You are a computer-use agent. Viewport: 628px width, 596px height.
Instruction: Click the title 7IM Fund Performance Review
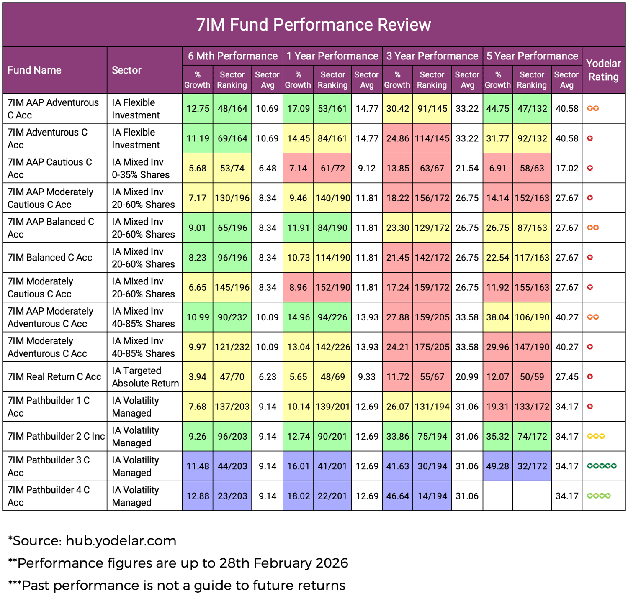coord(314,25)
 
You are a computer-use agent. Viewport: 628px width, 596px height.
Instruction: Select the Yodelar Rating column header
coord(603,70)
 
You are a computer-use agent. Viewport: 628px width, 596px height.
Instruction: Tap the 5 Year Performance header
coord(532,56)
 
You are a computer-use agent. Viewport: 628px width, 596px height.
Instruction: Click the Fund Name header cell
coord(34,70)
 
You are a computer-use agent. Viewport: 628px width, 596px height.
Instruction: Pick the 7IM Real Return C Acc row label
coord(54,377)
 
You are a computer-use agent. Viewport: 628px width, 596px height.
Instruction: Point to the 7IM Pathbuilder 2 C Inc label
coord(56,436)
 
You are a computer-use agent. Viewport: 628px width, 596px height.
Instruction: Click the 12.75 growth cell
coord(198,109)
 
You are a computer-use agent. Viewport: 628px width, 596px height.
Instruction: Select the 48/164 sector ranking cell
coord(232,109)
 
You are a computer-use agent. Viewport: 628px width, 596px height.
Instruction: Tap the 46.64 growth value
coord(397,496)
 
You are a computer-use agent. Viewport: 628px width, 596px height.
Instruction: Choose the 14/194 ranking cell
coord(432,496)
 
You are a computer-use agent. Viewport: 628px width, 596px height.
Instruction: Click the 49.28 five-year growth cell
coord(497,466)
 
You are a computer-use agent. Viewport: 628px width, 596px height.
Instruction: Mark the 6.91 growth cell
coord(497,169)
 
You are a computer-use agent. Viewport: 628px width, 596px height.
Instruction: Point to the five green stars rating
coord(602,466)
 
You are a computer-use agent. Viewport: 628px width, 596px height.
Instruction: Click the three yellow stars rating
coord(596,436)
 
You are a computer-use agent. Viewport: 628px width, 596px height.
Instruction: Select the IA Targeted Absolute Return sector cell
coord(145,377)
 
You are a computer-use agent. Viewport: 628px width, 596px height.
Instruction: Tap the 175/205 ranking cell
coord(432,347)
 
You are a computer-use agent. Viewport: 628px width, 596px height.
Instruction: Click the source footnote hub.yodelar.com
coord(92,541)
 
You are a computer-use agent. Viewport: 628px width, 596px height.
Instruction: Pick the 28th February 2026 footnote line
coord(178,563)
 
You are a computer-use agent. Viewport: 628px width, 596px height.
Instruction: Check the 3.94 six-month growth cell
coord(198,377)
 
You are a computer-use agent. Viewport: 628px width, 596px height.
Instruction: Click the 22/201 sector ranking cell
coord(332,496)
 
